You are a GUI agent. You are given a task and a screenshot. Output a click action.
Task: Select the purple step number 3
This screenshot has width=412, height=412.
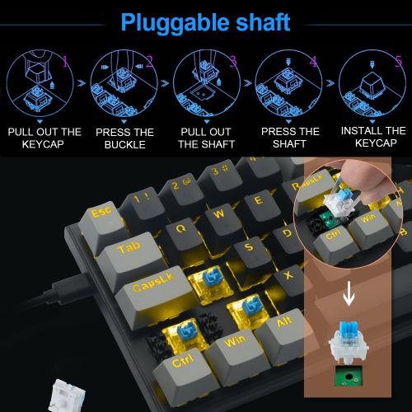click(x=232, y=60)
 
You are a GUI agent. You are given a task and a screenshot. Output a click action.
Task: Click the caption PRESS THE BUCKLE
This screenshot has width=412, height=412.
click(x=124, y=138)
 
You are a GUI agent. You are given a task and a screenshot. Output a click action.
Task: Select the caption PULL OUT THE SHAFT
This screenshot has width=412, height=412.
click(x=206, y=138)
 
